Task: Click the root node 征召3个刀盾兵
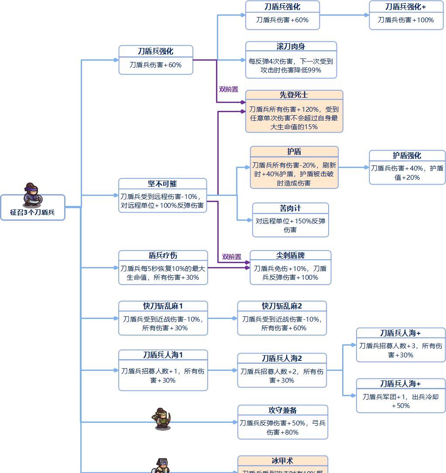(x=32, y=213)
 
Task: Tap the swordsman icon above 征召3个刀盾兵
(x=32, y=194)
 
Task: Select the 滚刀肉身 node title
(x=291, y=47)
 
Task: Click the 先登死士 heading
(x=294, y=95)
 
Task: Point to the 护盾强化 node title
(x=407, y=156)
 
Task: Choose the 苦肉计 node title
(x=290, y=208)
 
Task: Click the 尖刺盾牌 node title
(x=290, y=256)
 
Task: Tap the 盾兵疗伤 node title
(x=163, y=256)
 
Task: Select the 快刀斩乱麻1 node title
(x=163, y=306)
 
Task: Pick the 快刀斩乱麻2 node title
(x=281, y=306)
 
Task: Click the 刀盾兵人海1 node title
(x=163, y=355)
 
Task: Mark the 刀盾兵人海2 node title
(x=281, y=359)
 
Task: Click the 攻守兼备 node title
(x=282, y=410)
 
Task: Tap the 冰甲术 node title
(x=282, y=461)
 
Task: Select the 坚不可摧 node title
(x=162, y=184)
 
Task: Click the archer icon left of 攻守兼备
(x=162, y=419)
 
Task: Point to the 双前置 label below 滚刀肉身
(x=228, y=89)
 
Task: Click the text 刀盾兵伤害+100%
(x=406, y=20)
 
